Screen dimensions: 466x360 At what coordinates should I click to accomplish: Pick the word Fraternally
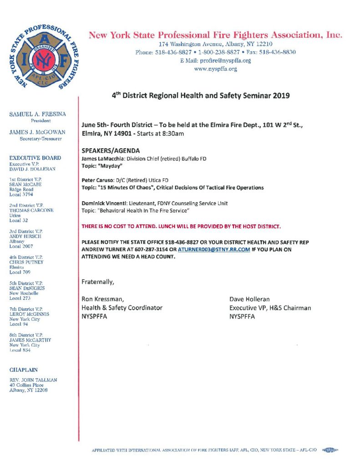click(x=98, y=282)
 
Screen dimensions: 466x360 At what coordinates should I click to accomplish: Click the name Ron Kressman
click(x=102, y=299)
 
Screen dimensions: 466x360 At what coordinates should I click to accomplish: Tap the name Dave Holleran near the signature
click(x=249, y=299)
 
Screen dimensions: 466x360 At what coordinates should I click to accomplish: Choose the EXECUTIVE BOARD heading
click(x=35, y=158)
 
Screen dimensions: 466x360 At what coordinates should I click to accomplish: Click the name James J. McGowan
click(x=37, y=132)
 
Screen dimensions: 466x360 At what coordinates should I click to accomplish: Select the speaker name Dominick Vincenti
click(x=103, y=203)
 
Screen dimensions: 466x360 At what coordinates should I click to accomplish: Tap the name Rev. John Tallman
click(x=33, y=380)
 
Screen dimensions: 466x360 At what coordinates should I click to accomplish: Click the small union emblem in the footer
click(x=330, y=450)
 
